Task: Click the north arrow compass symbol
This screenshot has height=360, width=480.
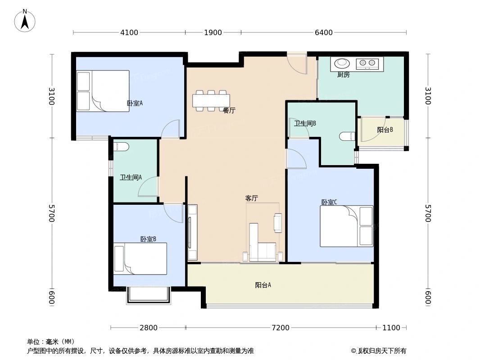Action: [25, 21]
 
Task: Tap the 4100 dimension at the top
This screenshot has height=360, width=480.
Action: [129, 32]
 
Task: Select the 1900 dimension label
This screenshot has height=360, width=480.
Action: [213, 32]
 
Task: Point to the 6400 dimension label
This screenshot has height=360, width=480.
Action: [324, 32]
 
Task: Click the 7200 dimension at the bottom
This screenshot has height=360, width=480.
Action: [281, 328]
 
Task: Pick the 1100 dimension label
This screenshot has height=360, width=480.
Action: [391, 328]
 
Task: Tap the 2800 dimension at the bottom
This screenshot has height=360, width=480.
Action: [149, 328]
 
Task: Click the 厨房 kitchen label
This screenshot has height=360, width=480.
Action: [343, 75]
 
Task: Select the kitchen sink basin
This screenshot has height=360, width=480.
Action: [342, 63]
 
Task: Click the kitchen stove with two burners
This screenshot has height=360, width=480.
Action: [367, 63]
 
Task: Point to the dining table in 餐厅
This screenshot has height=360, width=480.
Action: [211, 101]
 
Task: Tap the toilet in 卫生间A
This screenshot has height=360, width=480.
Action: [121, 147]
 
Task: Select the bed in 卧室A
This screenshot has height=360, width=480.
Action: [103, 91]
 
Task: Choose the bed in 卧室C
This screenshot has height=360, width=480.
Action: [347, 226]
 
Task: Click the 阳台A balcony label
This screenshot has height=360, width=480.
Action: [263, 285]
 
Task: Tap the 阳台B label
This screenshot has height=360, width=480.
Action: [385, 130]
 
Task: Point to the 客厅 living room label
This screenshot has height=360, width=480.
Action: [252, 198]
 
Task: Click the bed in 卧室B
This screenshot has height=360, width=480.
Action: [140, 259]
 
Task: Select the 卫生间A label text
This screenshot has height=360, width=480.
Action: [131, 177]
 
